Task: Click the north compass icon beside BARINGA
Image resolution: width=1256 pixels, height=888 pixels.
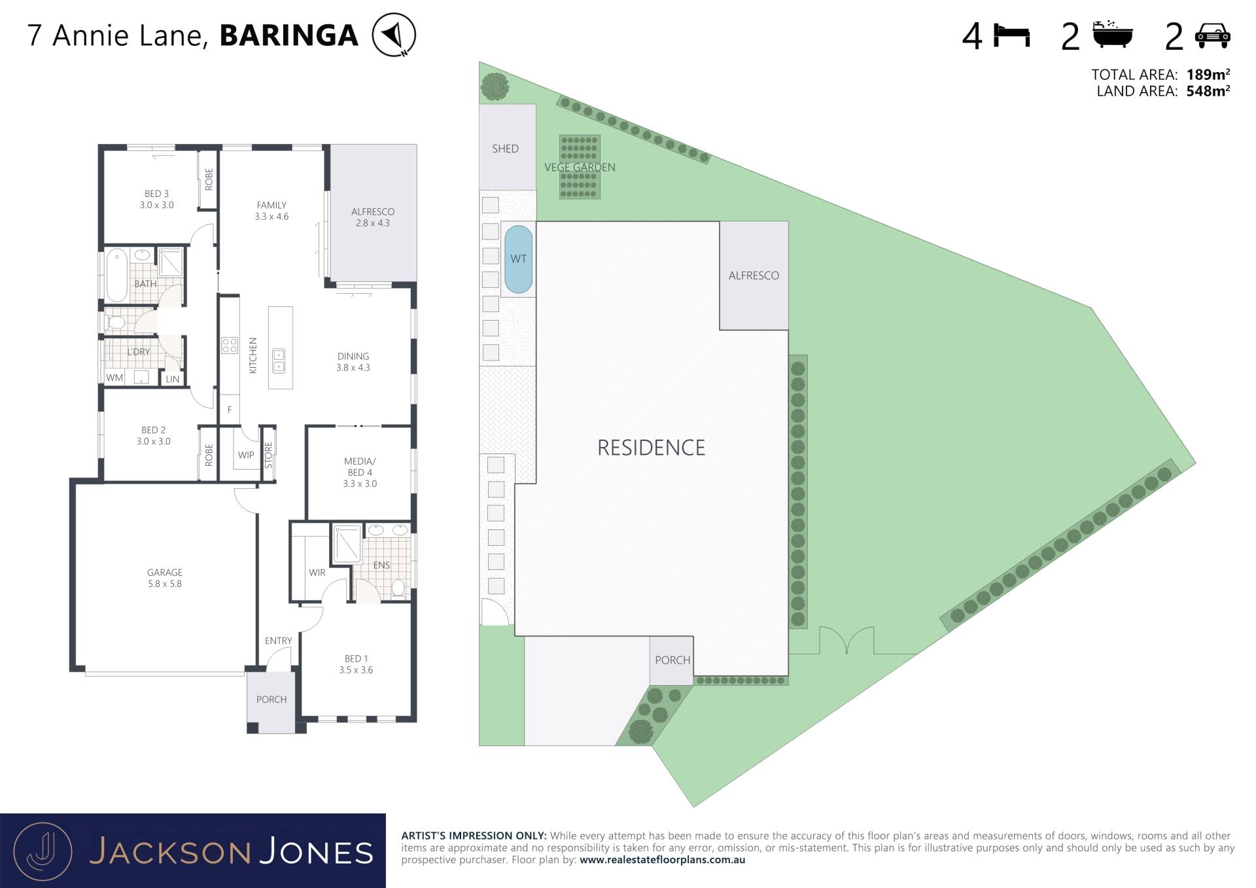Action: pos(394,35)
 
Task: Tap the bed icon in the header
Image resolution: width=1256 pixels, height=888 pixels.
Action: pos(1011,35)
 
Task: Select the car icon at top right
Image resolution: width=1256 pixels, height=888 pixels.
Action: pos(1212,36)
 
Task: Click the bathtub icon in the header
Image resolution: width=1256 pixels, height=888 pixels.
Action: pos(1113,34)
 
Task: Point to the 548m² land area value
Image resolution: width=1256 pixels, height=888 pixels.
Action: pos(1208,91)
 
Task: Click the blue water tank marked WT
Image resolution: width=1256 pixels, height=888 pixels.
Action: pos(518,260)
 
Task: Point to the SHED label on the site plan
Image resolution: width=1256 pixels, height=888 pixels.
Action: pos(505,149)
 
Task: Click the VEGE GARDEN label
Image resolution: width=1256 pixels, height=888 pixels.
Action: pos(580,168)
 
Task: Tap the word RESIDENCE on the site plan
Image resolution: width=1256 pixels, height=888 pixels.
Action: pos(651,448)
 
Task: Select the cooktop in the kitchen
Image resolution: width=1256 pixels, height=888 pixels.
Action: pos(229,346)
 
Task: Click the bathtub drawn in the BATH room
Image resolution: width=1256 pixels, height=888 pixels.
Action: pos(117,275)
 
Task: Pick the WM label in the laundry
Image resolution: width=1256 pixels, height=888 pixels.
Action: pos(114,378)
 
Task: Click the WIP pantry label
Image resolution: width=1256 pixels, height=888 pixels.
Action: pos(246,455)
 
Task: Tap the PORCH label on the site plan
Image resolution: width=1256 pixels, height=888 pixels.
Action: pos(672,660)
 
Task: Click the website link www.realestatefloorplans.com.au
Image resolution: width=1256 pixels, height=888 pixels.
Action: pos(662,860)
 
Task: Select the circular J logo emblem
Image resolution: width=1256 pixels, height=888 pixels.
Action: pos(43,851)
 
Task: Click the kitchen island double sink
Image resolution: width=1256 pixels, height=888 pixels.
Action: pos(279,360)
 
